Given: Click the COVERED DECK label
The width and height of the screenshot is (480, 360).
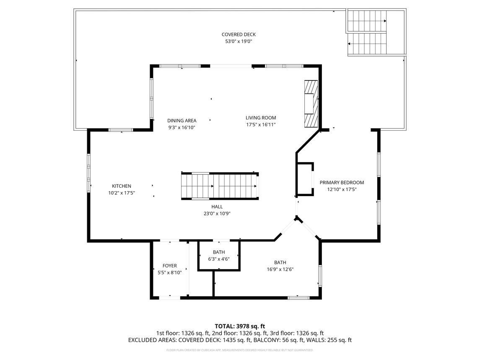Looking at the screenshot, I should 239,34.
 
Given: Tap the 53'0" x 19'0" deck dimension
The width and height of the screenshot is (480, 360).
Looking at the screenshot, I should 239,41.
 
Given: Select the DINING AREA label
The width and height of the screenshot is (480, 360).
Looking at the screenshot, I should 182,120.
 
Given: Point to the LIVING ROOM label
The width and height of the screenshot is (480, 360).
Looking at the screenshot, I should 261,118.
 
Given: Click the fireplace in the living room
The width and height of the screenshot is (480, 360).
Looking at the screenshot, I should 311,103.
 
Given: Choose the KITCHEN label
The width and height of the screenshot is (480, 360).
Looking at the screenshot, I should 122,186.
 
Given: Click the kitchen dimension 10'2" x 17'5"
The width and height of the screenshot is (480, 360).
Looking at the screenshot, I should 122,193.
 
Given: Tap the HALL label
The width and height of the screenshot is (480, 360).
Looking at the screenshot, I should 217,207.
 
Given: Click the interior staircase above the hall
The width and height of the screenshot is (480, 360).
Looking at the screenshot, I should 220,186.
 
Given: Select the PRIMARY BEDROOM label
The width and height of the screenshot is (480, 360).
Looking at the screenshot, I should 342,182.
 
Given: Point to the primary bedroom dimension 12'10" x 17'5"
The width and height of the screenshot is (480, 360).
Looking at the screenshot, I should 342,189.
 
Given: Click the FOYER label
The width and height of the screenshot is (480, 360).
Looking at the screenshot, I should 170,266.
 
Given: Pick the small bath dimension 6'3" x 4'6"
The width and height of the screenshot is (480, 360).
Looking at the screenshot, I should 219,259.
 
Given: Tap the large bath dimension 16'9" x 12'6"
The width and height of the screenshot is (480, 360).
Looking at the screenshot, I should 280,269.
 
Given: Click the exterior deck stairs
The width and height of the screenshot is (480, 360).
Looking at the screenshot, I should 367,33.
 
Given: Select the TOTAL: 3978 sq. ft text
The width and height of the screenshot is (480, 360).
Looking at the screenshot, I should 240,326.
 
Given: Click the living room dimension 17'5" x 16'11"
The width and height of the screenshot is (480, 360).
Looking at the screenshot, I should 261,125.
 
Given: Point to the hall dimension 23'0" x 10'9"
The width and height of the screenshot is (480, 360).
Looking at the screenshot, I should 217,213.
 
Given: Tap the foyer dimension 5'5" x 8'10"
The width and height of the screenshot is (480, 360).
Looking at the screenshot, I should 170,273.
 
